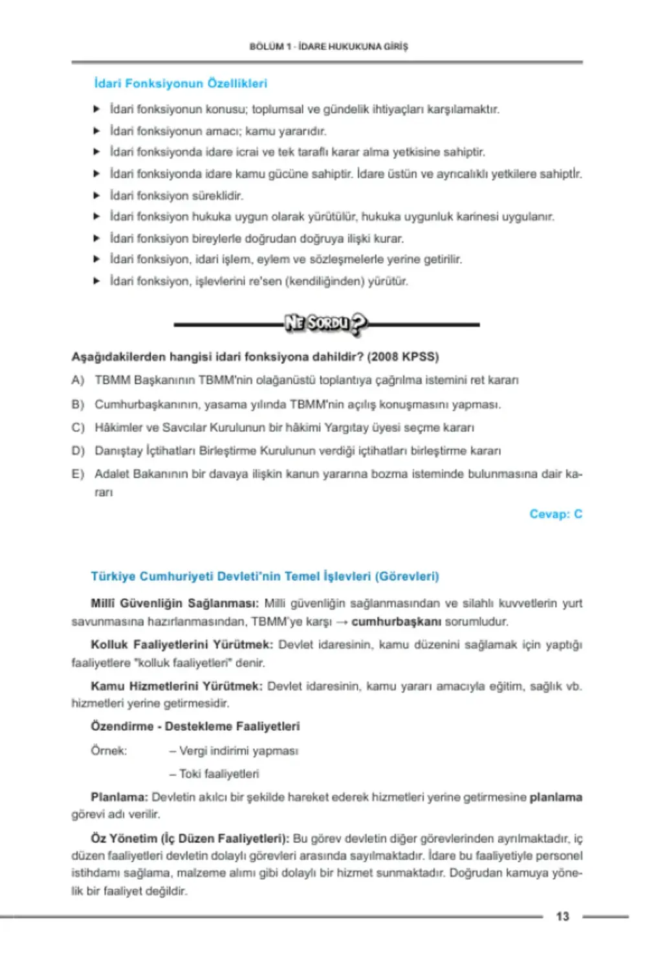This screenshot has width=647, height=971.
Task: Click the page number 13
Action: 562,916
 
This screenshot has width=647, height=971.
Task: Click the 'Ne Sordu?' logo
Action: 326,323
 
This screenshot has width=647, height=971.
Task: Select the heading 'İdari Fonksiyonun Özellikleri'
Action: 181,84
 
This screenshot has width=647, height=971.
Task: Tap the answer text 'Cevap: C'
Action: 556,514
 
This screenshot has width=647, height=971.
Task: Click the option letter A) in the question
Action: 78,380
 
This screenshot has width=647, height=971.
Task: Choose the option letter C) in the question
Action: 78,427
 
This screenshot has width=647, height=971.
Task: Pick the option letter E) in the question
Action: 78,474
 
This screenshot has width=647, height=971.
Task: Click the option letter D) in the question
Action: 78,451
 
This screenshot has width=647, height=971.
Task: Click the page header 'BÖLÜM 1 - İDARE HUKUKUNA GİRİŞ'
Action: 329,47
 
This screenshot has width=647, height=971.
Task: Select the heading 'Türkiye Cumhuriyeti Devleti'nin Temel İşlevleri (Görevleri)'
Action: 265,576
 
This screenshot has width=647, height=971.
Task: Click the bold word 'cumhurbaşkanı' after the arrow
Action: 396,621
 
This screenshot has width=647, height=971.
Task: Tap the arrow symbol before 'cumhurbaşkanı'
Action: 342,621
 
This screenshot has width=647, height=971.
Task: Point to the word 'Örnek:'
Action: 109,751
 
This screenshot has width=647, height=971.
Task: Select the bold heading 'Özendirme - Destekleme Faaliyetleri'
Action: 195,726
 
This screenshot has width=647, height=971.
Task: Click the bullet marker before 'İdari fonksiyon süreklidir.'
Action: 96,195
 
